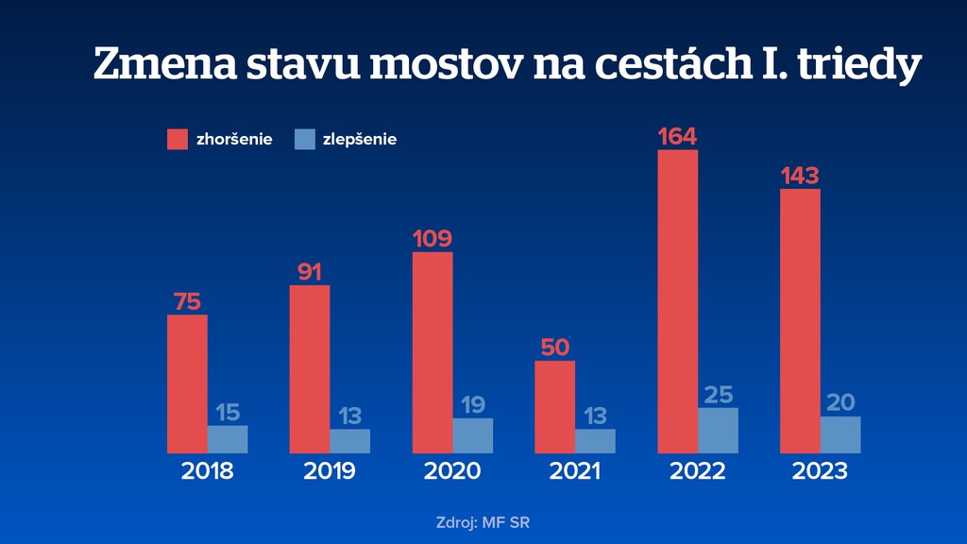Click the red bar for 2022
677,301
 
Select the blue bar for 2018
228,439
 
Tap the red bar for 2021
554,407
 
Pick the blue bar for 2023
840,434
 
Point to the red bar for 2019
310,369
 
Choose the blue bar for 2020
473,435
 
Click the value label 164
677,137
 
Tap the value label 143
800,177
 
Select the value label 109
433,239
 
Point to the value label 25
719,395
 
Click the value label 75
187,302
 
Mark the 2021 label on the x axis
574,470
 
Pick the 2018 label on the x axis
207,470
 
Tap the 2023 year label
821,470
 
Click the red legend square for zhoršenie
178,139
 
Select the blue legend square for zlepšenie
304,139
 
